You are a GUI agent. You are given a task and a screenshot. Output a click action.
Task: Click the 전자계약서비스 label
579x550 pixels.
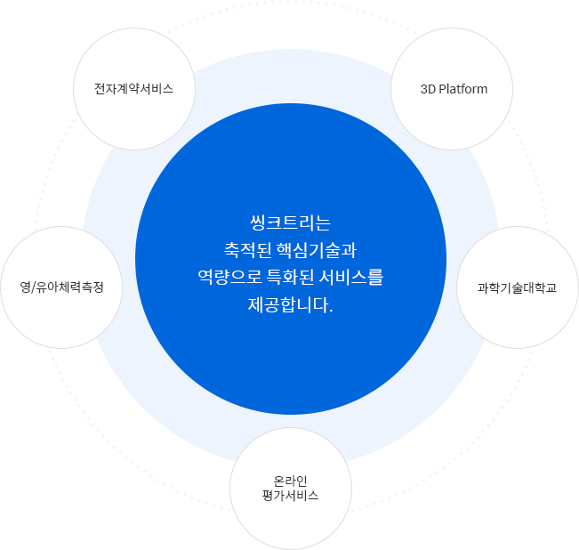[x=133, y=89]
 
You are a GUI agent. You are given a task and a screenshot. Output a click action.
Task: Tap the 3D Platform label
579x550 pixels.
[x=454, y=89]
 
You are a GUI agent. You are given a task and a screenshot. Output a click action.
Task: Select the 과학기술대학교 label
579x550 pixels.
[x=517, y=287]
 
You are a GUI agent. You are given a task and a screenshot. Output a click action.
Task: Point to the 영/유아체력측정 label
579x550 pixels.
[x=61, y=287]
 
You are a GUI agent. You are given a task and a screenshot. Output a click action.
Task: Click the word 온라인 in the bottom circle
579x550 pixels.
[x=290, y=481]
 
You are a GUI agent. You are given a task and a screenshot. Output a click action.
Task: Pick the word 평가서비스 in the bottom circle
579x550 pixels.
[x=290, y=496]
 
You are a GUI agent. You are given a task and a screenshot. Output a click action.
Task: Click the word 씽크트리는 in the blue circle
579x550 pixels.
[x=290, y=222]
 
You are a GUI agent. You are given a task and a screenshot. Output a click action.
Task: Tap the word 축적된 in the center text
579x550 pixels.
[x=247, y=250]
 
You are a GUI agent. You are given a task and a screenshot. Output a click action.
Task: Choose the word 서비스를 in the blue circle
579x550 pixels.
[x=350, y=277]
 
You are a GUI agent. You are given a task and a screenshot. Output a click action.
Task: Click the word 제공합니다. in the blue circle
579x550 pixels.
[x=290, y=305]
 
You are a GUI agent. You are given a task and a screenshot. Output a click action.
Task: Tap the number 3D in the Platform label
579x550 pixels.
[x=428, y=89]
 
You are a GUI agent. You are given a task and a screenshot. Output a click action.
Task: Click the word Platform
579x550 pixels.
[x=463, y=89]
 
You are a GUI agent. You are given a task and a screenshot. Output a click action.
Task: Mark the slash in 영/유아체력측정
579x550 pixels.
[x=33, y=287]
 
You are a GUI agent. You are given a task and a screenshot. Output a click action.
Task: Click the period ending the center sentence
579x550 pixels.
[x=331, y=311]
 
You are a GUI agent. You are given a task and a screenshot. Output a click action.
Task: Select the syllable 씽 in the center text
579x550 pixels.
[x=257, y=222]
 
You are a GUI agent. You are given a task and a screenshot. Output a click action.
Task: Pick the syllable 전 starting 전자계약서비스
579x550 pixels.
[x=101, y=89]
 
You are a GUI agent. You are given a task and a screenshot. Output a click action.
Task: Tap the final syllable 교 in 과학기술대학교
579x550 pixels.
[x=551, y=287]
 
